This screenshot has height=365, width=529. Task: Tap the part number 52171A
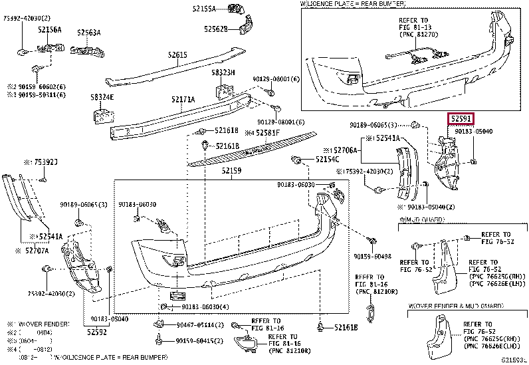[183, 100]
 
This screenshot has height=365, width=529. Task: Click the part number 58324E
[102, 98]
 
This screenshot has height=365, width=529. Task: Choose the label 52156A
[49, 31]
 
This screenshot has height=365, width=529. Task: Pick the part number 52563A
[88, 32]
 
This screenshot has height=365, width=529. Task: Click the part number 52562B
[215, 29]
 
